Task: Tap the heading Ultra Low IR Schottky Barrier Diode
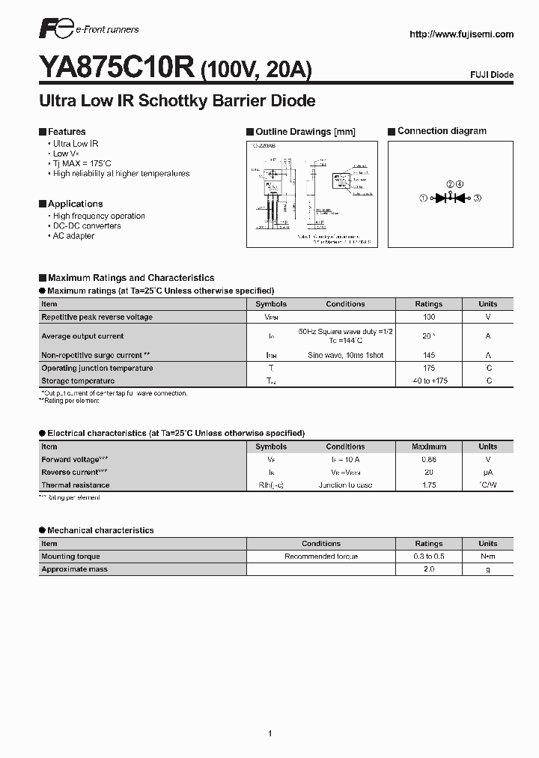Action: (x=177, y=100)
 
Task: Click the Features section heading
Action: (x=66, y=132)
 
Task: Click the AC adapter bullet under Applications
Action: (x=73, y=236)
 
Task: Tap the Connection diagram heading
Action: (x=442, y=131)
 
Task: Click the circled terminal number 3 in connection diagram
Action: (x=477, y=198)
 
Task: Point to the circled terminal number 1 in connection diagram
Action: (x=423, y=198)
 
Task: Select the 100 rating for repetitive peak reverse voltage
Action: (x=429, y=317)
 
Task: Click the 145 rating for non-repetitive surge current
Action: (x=429, y=355)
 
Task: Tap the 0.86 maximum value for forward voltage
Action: (x=429, y=459)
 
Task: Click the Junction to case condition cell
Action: (x=345, y=485)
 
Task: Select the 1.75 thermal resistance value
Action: (x=429, y=485)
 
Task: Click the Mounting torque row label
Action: (x=70, y=557)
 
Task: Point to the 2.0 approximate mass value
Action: (x=429, y=569)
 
